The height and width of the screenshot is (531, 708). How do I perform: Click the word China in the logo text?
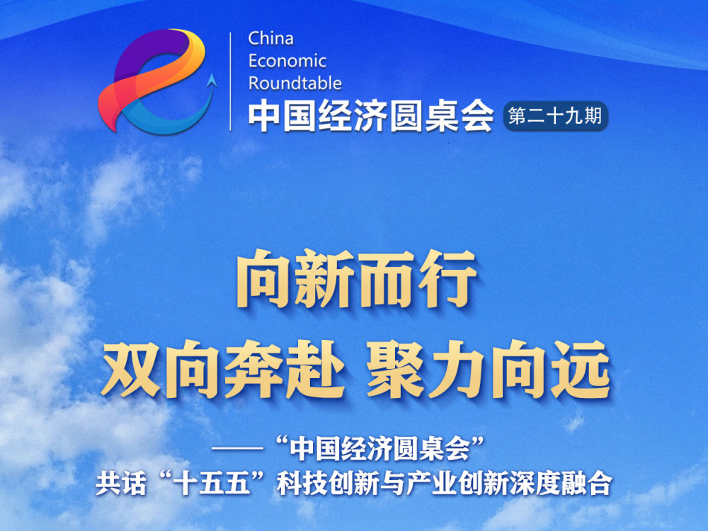pyautogui.click(x=270, y=38)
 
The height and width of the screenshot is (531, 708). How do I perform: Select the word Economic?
pyautogui.click(x=287, y=61)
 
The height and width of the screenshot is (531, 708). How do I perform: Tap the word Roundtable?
pyautogui.click(x=295, y=83)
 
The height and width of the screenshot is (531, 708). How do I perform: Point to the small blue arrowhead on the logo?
pyautogui.click(x=211, y=80)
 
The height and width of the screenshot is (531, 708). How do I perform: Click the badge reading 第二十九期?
pyautogui.click(x=555, y=116)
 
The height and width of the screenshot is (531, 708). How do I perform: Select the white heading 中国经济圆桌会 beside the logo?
pyautogui.click(x=371, y=115)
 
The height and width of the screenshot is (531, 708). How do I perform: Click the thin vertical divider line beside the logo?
pyautogui.click(x=230, y=81)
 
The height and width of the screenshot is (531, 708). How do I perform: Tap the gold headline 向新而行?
pyautogui.click(x=356, y=278)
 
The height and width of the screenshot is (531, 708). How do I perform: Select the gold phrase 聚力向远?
pyautogui.click(x=489, y=369)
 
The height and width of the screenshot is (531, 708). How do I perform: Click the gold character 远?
pyautogui.click(x=581, y=369)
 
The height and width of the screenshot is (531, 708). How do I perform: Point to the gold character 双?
pyautogui.click(x=132, y=369)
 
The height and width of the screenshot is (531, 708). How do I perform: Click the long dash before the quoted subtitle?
pyautogui.click(x=237, y=449)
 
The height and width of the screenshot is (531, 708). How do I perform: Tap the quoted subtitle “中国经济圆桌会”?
pyautogui.click(x=382, y=448)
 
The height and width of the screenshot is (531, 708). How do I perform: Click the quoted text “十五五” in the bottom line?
pyautogui.click(x=212, y=484)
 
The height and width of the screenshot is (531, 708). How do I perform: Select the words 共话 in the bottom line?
pyautogui.click(x=121, y=484)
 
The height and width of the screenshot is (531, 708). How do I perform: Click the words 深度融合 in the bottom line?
pyautogui.click(x=561, y=484)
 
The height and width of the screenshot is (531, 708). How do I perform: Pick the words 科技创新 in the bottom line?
pyautogui.click(x=328, y=484)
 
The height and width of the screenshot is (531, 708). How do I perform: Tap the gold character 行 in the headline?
pyautogui.click(x=448, y=278)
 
